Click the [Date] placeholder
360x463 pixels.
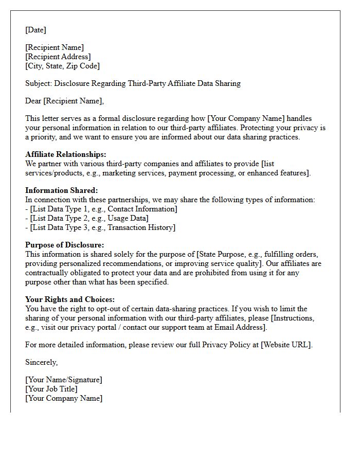click(x=35, y=30)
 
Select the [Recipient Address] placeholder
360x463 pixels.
click(x=58, y=57)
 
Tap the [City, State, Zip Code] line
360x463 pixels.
click(x=63, y=66)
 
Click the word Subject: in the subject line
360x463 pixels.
click(x=39, y=83)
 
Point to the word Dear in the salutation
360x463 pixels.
click(x=33, y=101)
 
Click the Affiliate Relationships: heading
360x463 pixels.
click(x=66, y=154)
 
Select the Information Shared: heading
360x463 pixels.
click(x=61, y=190)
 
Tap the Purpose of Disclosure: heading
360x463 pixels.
click(x=64, y=245)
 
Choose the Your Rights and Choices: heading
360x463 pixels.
click(x=70, y=299)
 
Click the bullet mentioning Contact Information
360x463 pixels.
click(x=101, y=209)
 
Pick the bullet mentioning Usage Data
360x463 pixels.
click(x=87, y=218)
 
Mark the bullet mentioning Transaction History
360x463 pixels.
click(x=100, y=227)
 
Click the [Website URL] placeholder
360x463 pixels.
click(x=286, y=345)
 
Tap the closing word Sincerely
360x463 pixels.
click(x=41, y=362)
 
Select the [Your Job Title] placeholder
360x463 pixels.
click(x=51, y=389)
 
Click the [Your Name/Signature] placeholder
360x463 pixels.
click(x=64, y=380)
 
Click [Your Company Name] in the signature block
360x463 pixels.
click(x=64, y=398)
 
